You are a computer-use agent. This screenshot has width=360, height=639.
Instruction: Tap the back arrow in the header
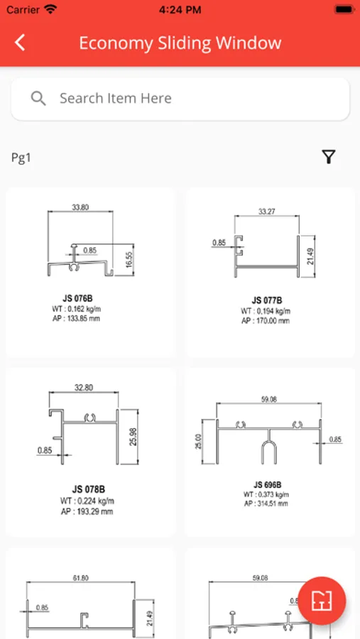point(20,43)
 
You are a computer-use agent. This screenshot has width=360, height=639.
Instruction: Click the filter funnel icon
point(329,156)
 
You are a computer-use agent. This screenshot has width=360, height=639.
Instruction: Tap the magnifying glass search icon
point(38,98)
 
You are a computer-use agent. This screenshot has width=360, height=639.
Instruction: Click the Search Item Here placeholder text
point(116,98)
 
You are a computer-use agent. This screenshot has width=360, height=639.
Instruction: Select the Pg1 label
point(21,158)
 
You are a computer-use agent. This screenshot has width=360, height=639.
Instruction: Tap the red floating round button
point(322,601)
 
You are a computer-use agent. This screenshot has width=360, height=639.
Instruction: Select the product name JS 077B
point(267,301)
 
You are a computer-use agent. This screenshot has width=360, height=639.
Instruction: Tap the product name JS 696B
point(267,485)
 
